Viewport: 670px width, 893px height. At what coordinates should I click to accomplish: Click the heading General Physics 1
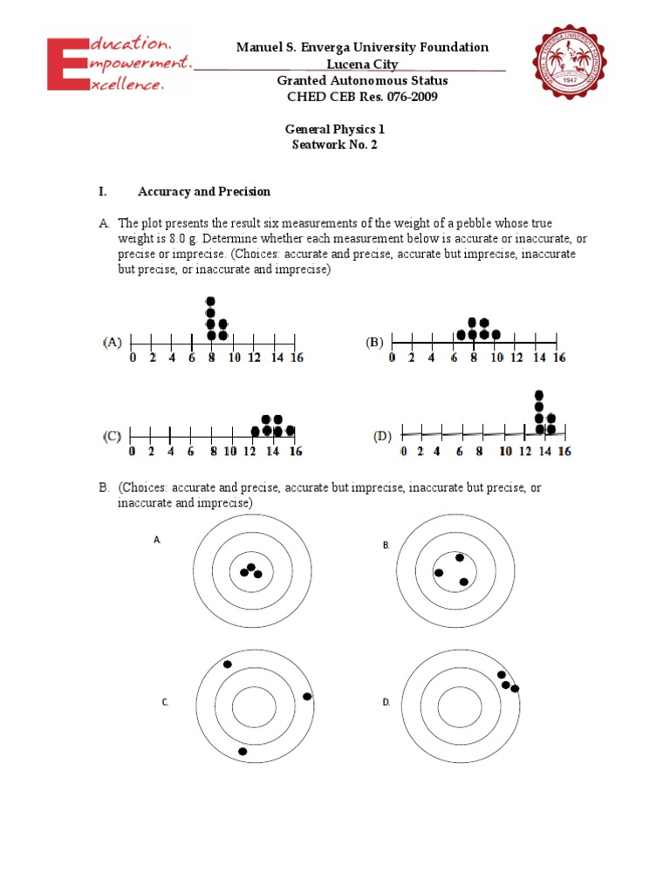(335, 129)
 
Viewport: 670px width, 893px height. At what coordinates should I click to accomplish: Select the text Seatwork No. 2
(335, 145)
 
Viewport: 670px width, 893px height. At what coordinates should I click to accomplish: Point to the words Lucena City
(361, 65)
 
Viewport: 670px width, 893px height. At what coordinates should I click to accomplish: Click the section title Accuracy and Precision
(203, 192)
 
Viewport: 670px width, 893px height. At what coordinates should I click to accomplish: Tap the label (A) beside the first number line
(113, 342)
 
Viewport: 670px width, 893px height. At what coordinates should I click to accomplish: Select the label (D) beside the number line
(382, 436)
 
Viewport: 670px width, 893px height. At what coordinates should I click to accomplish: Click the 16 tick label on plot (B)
(558, 358)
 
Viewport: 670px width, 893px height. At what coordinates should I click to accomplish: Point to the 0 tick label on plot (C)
(132, 452)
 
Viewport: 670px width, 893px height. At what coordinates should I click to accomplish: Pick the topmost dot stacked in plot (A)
(210, 302)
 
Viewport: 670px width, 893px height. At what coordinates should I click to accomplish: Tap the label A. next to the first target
(158, 541)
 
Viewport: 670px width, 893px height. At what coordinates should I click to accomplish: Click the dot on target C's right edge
(307, 696)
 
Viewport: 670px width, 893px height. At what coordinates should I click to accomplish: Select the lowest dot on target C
(243, 751)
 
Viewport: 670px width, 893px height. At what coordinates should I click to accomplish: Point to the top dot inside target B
(459, 557)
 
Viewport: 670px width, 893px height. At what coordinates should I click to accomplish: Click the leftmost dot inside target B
(439, 573)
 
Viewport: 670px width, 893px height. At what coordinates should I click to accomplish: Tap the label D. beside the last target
(386, 702)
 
